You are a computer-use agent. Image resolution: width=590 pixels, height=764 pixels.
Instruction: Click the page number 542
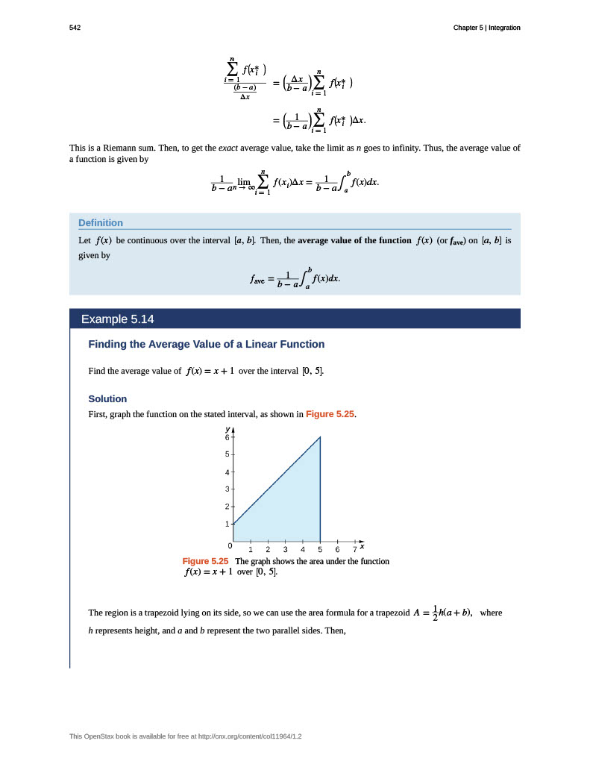(x=75, y=28)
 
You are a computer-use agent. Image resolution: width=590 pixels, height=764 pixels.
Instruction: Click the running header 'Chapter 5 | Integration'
(x=486, y=28)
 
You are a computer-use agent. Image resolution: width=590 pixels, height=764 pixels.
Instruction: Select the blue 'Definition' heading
(x=101, y=222)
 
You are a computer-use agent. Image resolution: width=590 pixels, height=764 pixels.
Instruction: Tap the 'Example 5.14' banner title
(x=117, y=319)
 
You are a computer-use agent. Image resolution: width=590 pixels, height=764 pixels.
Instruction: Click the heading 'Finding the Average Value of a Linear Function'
(x=207, y=344)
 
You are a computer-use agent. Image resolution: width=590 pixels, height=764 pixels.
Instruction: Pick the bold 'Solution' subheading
(x=107, y=398)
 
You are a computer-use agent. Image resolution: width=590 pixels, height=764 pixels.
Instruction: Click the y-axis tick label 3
(x=227, y=489)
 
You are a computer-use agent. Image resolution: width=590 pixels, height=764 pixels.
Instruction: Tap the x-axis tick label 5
(x=320, y=550)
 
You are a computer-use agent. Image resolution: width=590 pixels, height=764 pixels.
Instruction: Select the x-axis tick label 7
(x=354, y=550)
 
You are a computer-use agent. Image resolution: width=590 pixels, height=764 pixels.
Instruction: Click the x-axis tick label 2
(x=268, y=550)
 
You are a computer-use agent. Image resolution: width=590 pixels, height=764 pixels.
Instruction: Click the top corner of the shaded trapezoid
(x=320, y=437)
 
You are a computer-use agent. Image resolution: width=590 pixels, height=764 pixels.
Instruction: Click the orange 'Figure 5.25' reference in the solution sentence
(x=329, y=413)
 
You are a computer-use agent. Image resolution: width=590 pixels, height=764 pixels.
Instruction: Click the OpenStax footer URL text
(x=186, y=736)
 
